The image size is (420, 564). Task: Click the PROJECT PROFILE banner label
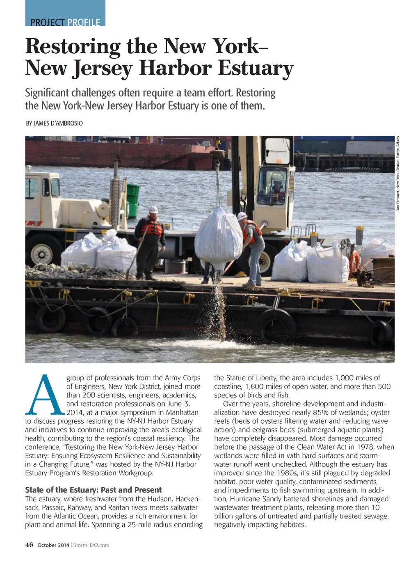(65, 22)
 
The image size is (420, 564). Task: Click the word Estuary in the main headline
(256, 68)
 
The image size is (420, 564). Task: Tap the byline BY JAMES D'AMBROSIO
(54, 123)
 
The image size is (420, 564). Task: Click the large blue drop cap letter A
(45, 395)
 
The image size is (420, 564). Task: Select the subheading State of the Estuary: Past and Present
(93, 490)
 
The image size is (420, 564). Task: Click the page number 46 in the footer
(29, 545)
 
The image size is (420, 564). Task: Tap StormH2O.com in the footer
(91, 545)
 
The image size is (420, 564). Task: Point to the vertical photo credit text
(397, 174)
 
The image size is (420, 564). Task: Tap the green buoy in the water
(132, 199)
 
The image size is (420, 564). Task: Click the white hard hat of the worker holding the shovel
(153, 210)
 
